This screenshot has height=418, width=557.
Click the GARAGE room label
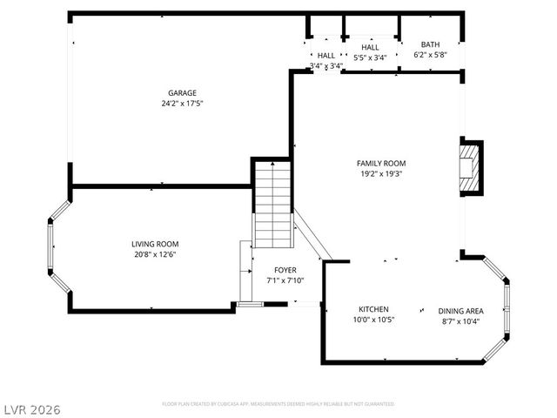[x=182, y=93]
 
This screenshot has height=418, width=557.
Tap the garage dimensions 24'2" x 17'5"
[x=182, y=103]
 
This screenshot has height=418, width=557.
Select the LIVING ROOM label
[x=155, y=244]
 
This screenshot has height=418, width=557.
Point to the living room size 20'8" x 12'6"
[x=155, y=254]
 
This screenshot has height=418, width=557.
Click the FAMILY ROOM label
[x=380, y=163]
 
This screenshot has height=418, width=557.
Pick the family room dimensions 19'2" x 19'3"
[x=380, y=173]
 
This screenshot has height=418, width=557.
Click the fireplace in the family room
[x=470, y=167]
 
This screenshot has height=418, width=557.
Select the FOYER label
[x=285, y=270]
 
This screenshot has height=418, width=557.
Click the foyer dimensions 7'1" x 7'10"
[x=285, y=280]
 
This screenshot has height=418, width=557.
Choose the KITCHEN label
[x=373, y=309]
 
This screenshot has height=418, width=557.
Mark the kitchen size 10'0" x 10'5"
[x=373, y=320]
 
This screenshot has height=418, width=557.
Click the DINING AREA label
[x=461, y=311]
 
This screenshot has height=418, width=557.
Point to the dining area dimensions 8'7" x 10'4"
[x=461, y=321]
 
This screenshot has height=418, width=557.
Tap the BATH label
[x=430, y=44]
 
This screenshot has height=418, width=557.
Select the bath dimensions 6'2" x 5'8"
[x=430, y=55]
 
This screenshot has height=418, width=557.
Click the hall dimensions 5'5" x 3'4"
[x=371, y=57]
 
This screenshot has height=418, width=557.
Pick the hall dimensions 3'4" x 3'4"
[x=326, y=65]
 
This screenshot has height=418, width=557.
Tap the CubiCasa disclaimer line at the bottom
[x=278, y=404]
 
